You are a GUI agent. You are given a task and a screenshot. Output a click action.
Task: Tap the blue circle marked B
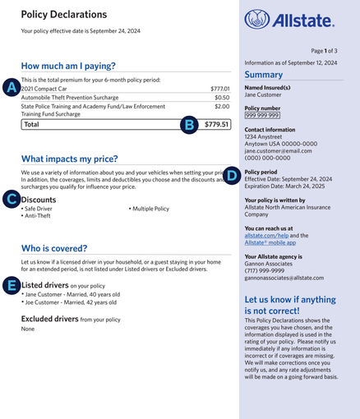[x=189, y=124]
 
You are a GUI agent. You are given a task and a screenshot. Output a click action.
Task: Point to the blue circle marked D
[x=232, y=175]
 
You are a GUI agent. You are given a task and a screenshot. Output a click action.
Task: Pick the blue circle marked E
[x=12, y=284]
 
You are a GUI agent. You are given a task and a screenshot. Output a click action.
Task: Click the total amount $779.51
[x=216, y=125]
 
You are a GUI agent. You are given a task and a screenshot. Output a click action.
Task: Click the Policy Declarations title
[x=64, y=15]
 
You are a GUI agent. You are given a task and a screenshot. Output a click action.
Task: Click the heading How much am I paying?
[x=68, y=66]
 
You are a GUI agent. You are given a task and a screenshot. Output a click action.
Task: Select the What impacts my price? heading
[x=69, y=159]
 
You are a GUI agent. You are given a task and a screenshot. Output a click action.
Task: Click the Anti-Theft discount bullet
[x=38, y=216]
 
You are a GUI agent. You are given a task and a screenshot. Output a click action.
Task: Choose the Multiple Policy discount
[x=150, y=209]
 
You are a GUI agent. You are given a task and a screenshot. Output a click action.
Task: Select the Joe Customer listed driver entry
[x=72, y=302]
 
